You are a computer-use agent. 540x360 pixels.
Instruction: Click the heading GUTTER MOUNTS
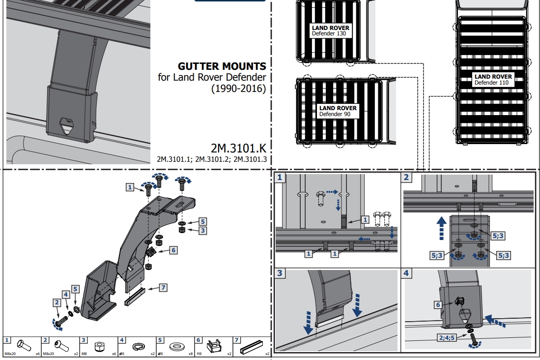coord(222,66)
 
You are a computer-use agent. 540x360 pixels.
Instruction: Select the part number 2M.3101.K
coord(238,148)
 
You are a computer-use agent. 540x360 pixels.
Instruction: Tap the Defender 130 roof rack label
coord(330,30)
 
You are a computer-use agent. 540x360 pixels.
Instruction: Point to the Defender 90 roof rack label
coord(338,111)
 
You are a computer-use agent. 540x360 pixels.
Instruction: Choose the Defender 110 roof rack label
coord(493,79)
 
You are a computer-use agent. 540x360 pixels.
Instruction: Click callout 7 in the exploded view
coord(163,288)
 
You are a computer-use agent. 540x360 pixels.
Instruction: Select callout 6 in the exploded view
coord(173,250)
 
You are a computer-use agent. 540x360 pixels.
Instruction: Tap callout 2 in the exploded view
coord(57,302)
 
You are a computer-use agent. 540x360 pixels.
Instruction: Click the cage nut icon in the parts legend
coord(214,346)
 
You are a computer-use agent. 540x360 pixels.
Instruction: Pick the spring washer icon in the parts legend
coord(139,346)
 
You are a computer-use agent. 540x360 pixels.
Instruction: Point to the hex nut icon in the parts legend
coord(99,346)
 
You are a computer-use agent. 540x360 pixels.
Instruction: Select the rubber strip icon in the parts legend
coord(252,346)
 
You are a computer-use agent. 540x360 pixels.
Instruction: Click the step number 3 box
coord(279,273)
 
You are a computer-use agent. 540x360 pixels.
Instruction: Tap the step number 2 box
coord(406,177)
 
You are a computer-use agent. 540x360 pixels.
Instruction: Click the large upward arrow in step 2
coord(442,228)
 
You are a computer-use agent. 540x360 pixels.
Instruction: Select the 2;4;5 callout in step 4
coord(447,337)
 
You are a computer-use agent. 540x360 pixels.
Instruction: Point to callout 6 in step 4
coord(438,304)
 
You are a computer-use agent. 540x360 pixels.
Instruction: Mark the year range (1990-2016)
coord(239,88)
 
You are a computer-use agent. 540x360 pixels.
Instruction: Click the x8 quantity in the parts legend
coord(191,354)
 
